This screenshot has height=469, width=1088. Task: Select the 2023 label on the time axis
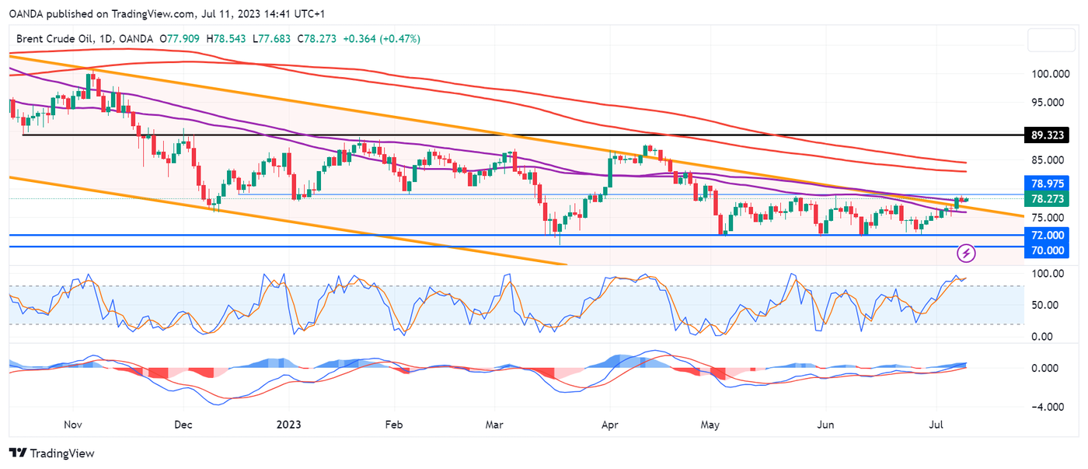[288, 425]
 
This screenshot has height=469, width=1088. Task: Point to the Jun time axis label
[826, 425]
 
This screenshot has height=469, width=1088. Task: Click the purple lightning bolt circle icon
[966, 253]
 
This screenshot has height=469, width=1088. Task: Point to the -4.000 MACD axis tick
[1045, 407]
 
